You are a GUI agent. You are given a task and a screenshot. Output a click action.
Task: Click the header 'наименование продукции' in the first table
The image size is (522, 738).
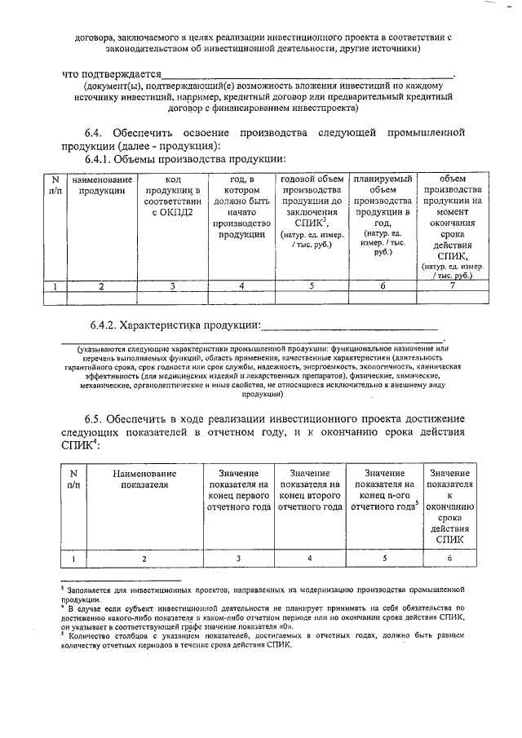(102, 185)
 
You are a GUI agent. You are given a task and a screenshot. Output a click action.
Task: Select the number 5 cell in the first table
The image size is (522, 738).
(311, 285)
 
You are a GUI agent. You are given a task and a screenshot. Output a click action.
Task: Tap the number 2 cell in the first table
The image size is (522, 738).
(102, 285)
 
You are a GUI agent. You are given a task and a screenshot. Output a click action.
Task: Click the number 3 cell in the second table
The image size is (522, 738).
(238, 559)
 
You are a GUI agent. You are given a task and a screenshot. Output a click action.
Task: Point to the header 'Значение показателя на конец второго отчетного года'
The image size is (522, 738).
(310, 490)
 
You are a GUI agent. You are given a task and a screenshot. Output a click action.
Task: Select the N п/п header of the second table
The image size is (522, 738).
(73, 479)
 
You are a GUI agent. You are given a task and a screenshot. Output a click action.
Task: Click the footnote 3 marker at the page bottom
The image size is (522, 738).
(63, 586)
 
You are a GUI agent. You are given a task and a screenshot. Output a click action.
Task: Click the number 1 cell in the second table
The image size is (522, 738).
(73, 559)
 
